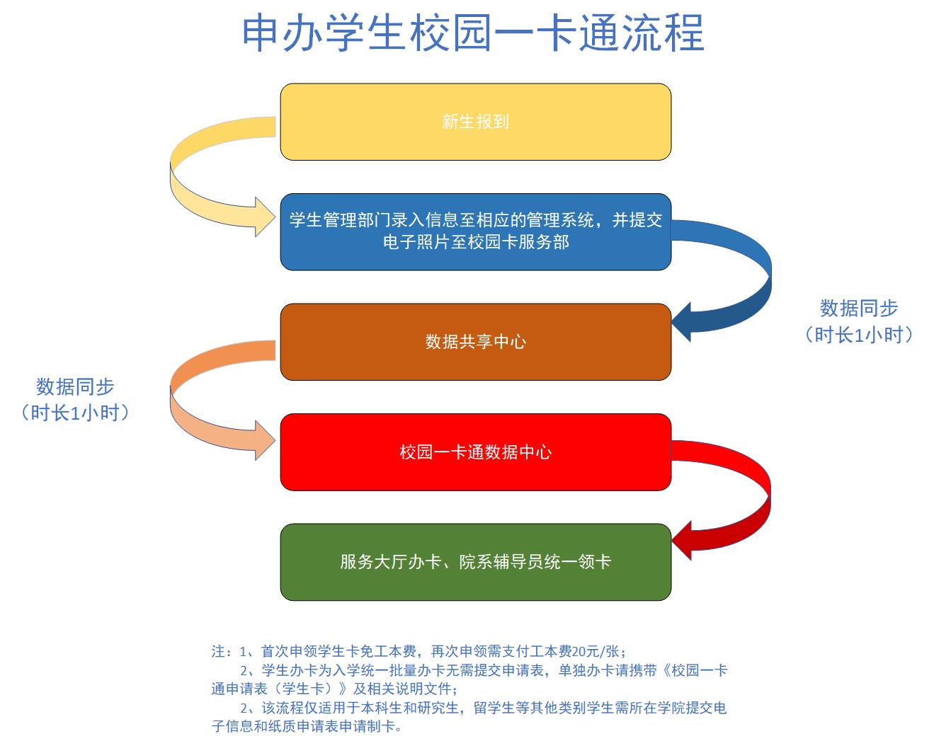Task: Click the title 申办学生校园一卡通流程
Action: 473,33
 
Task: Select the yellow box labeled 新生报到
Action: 476,122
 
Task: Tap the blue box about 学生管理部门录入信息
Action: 476,232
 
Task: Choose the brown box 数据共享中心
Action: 476,342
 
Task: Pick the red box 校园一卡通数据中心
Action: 476,452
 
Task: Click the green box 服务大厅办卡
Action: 476,562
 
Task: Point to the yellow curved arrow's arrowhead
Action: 265,217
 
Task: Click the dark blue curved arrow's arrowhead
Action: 681,322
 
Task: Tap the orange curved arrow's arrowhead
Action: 265,440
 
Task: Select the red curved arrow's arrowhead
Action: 681,541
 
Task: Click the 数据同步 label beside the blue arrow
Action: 858,308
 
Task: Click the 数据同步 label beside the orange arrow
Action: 75,386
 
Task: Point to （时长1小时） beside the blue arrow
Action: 858,335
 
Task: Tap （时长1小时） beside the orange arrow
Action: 75,413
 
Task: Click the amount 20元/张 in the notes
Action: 596,651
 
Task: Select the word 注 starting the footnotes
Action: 218,651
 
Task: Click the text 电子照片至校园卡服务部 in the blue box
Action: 476,242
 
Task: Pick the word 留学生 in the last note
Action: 495,708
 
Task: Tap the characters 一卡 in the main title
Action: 535,33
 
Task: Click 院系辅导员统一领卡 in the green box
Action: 535,562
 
